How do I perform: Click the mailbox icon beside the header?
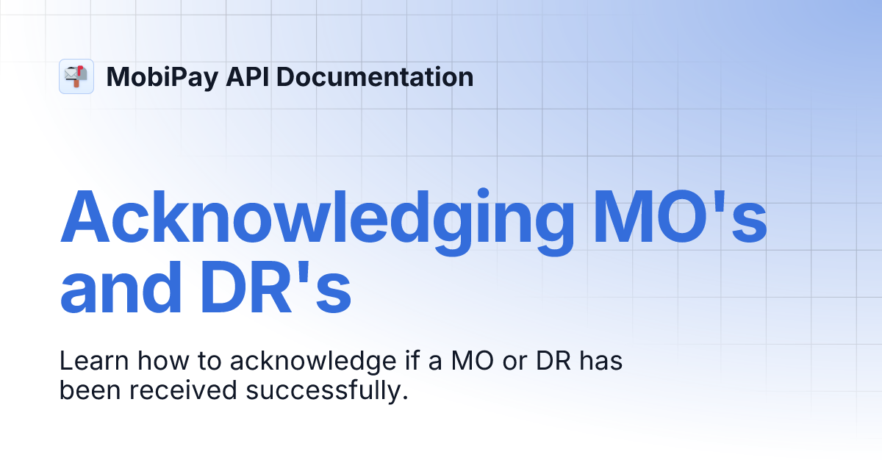point(76,76)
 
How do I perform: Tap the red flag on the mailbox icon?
point(82,71)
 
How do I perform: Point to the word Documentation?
point(376,77)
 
